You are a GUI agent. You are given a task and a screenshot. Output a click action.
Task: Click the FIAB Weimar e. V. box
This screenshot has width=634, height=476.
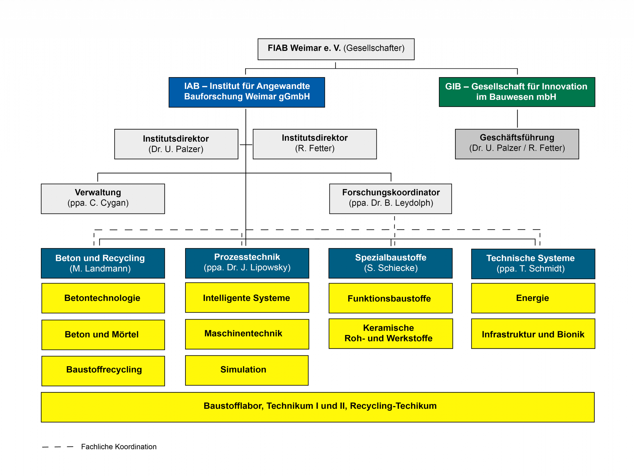pyautogui.click(x=336, y=49)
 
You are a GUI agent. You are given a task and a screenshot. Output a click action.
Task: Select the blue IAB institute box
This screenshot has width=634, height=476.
pyautogui.click(x=247, y=92)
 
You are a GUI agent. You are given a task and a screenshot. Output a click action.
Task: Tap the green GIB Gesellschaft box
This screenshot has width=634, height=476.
pyautogui.click(x=517, y=92)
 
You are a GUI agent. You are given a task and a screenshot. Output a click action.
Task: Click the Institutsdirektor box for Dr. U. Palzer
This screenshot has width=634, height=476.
pyautogui.click(x=176, y=144)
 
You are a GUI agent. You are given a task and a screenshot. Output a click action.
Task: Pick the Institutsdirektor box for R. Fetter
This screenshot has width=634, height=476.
pyautogui.click(x=315, y=144)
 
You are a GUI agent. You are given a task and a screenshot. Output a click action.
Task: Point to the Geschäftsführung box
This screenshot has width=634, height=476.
pyautogui.click(x=517, y=144)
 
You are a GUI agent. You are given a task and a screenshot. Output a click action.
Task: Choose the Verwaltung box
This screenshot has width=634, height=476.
pyautogui.click(x=103, y=199)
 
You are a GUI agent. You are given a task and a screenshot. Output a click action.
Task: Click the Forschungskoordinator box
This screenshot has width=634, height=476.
pyautogui.click(x=390, y=199)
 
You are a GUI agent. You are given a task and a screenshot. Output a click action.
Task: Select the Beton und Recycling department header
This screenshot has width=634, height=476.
pyautogui.click(x=103, y=263)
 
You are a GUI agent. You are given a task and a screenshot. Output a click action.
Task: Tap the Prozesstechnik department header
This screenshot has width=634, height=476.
pyautogui.click(x=247, y=263)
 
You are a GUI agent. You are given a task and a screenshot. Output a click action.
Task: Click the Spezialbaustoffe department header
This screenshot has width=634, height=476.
pyautogui.click(x=390, y=263)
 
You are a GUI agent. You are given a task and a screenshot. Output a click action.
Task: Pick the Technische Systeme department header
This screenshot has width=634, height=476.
pyautogui.click(x=533, y=263)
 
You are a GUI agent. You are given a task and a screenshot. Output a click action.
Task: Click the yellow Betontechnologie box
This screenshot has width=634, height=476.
pyautogui.click(x=103, y=298)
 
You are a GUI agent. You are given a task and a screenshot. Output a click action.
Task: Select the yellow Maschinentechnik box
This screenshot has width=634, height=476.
pyautogui.click(x=247, y=334)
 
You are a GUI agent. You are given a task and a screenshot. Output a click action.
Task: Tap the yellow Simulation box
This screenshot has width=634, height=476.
pyautogui.click(x=247, y=370)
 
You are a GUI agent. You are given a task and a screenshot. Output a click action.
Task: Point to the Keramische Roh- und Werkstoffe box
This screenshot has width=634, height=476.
pyautogui.click(x=390, y=333)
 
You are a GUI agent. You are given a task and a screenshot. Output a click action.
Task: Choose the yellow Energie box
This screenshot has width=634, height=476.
pyautogui.click(x=533, y=298)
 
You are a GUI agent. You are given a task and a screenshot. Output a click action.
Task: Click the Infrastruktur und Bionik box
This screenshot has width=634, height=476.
pyautogui.click(x=533, y=334)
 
